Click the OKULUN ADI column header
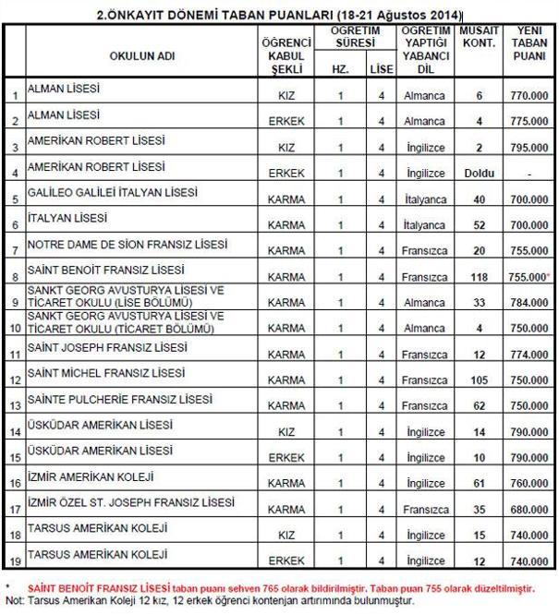141,54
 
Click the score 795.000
529,147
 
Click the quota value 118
480,275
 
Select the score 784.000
529,301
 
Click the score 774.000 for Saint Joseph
529,353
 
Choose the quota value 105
480,379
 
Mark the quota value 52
480,224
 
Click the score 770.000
529,95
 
